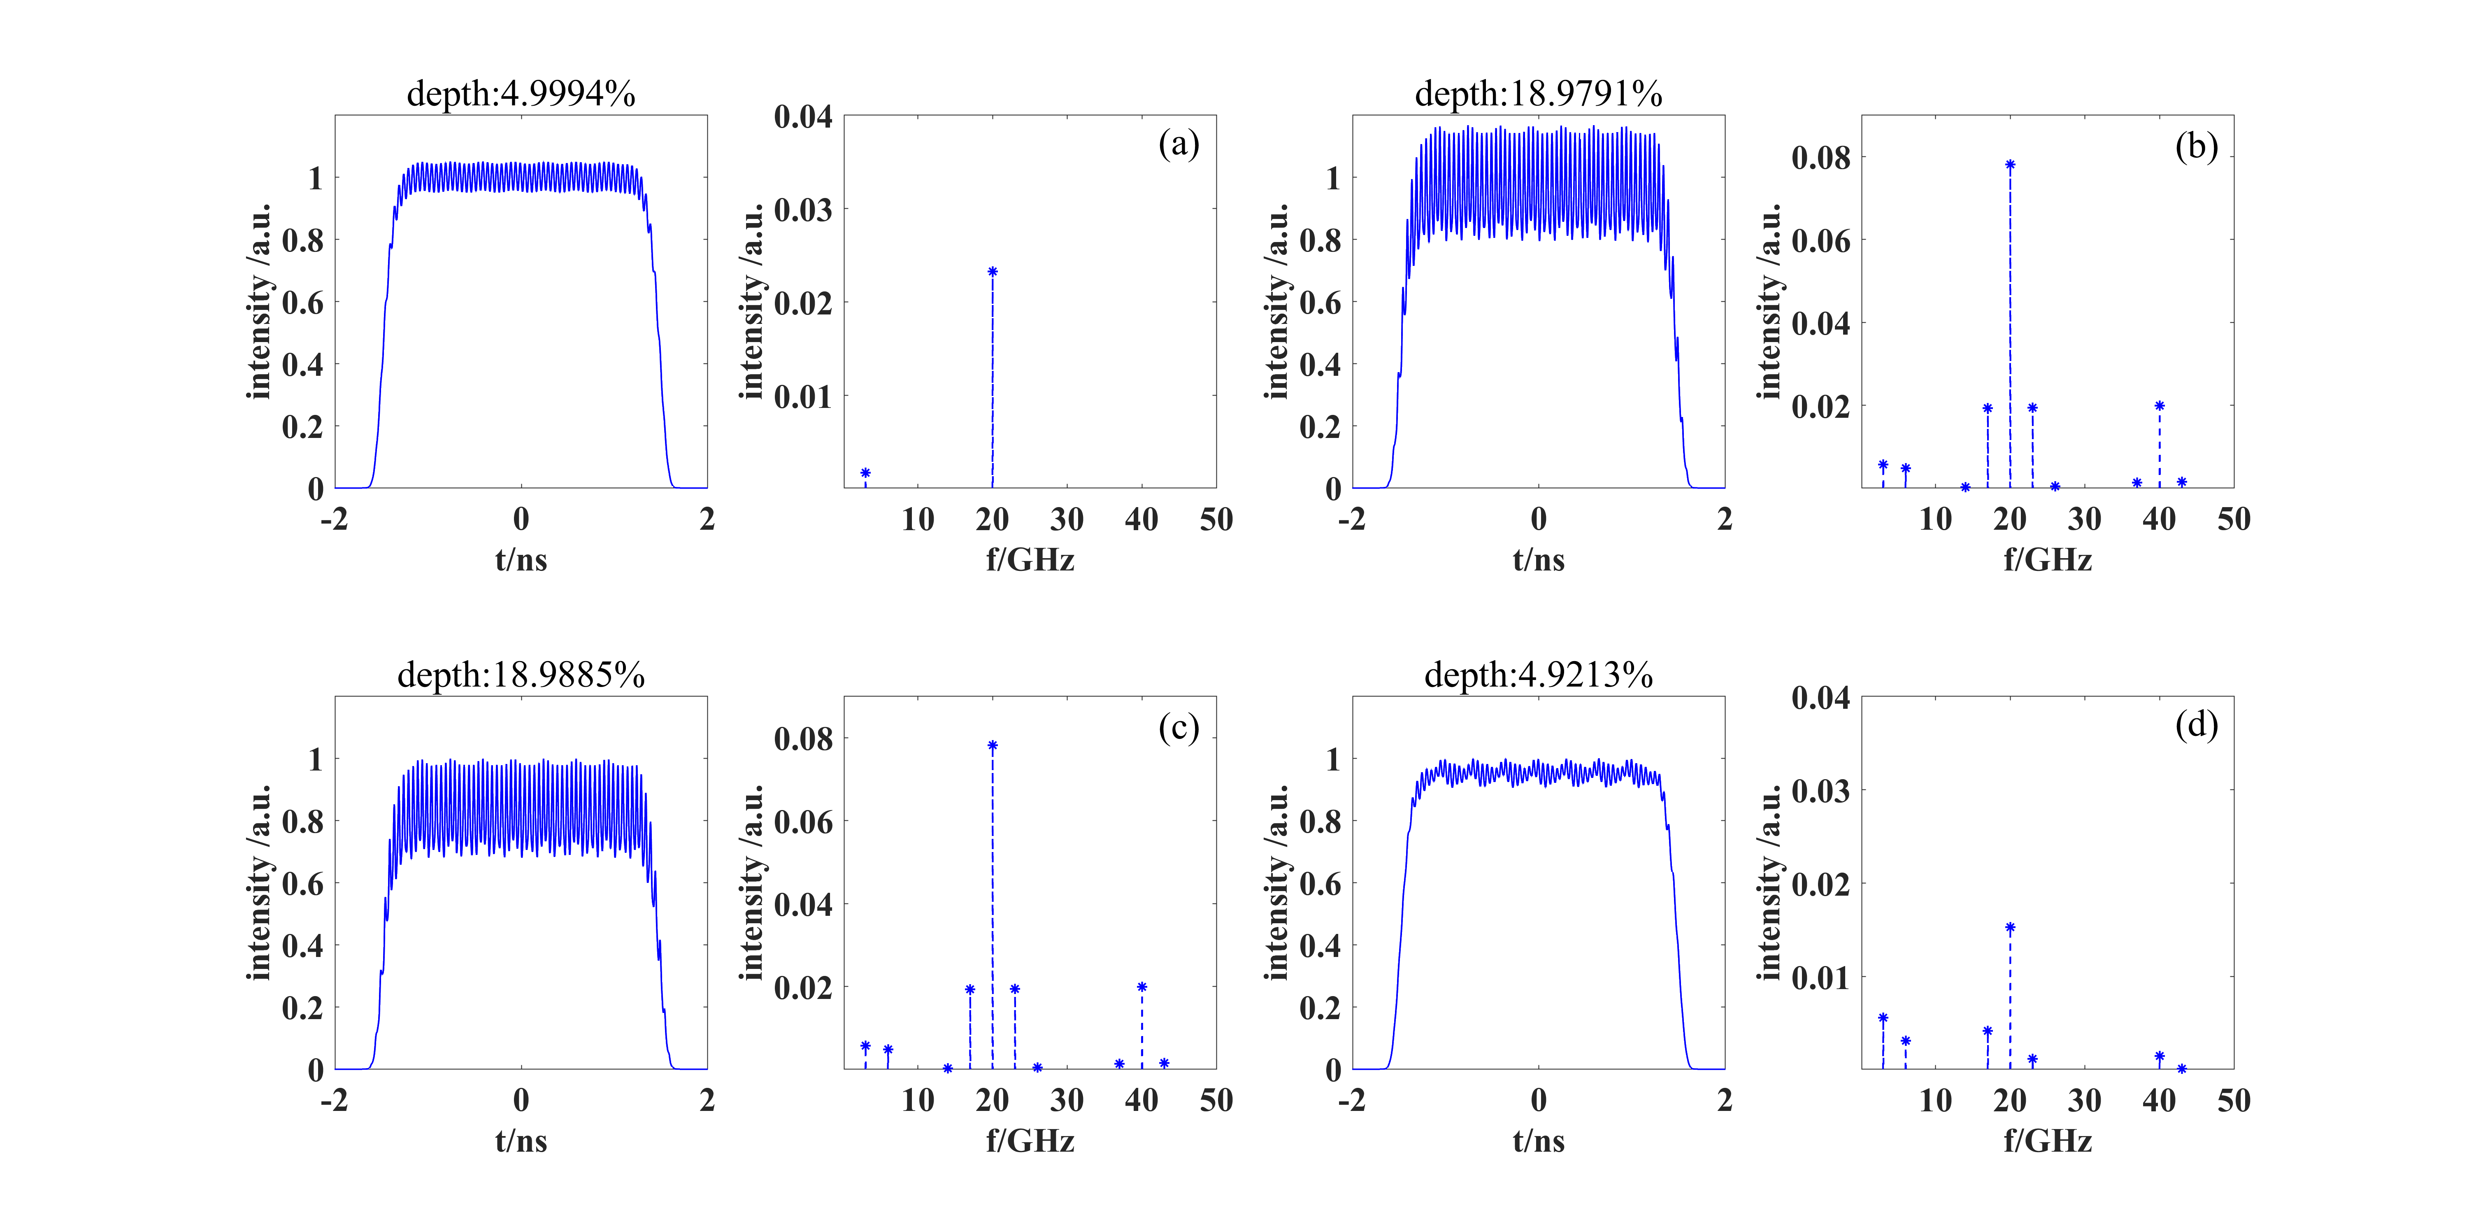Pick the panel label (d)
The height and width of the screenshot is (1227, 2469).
point(2196,725)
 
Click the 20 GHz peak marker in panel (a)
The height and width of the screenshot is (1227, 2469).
point(992,272)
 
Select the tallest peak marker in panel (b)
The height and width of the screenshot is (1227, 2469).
point(2010,165)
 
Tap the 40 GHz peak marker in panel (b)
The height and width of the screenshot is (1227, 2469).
point(2160,405)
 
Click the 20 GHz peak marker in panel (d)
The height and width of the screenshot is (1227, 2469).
point(2010,928)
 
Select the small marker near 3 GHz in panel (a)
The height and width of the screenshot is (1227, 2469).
point(865,473)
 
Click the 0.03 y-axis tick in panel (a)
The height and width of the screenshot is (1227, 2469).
point(803,210)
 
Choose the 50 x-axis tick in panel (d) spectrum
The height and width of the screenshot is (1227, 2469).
point(2233,1101)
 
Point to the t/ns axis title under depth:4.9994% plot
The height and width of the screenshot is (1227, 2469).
point(521,560)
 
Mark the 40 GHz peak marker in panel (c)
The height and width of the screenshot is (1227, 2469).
point(1142,987)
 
